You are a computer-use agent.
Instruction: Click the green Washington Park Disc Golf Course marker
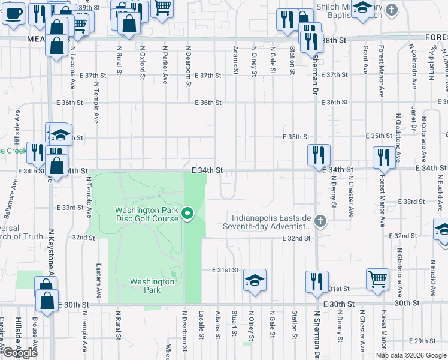pos(187,214)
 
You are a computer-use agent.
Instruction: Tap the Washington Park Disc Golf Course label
pos(147,214)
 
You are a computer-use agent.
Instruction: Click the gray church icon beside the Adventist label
pos(320,222)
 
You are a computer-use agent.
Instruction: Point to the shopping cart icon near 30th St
pos(377,278)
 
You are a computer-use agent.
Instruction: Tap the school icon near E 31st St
pos(255,280)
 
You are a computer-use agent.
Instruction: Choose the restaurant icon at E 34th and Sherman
pos(319,155)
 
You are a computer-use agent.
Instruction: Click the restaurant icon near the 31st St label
pos(316,281)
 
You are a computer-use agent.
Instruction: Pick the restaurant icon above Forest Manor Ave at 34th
pos(383,157)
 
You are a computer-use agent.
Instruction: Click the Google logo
pos(20,353)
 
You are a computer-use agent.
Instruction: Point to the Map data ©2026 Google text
pos(410,355)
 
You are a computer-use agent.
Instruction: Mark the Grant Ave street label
pos(365,60)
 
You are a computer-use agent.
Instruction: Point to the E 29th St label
pos(429,341)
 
